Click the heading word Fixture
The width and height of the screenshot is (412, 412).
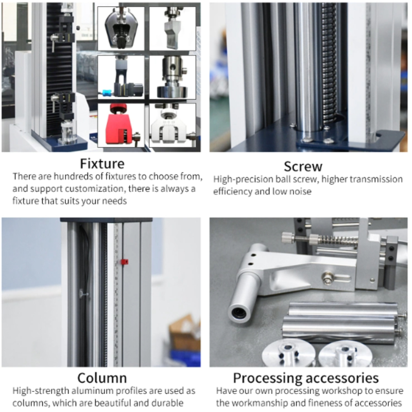pyautogui.click(x=102, y=164)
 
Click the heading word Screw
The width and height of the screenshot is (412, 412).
pyautogui.click(x=303, y=167)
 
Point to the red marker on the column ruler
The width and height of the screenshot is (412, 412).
pyautogui.click(x=124, y=262)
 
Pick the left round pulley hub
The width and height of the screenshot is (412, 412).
pyautogui.click(x=283, y=354)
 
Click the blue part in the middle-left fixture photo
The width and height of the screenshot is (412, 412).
pyautogui.click(x=107, y=93)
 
